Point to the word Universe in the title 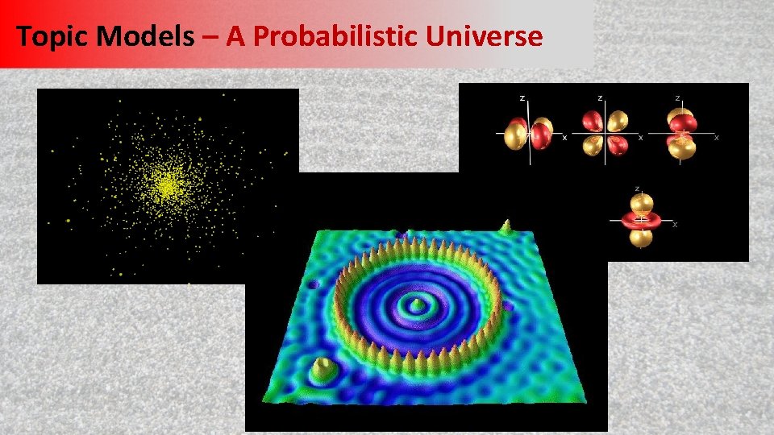pos(494,36)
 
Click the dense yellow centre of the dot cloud pos(166,186)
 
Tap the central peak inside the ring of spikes pos(417,304)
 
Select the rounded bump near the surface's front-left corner pos(324,368)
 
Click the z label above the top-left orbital pos(522,97)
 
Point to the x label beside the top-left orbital pos(564,138)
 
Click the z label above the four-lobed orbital pos(599,97)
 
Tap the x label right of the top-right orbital pos(716,138)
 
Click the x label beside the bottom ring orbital pos(675,223)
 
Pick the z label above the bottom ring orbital pos(638,188)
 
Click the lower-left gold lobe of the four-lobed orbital pos(589,145)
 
